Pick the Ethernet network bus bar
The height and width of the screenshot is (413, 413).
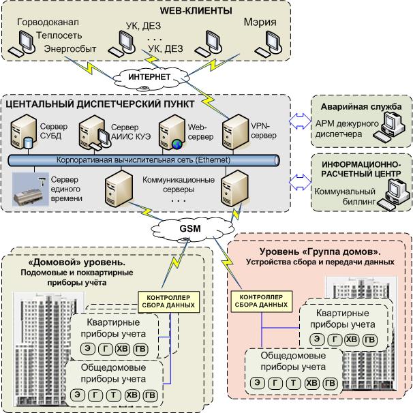[x=143, y=160]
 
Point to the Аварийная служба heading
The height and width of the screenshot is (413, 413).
[x=361, y=107]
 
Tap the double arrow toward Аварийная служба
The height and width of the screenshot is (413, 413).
[x=297, y=120]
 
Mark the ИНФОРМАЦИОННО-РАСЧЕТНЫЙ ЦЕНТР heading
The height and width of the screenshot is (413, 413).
[x=361, y=169]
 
